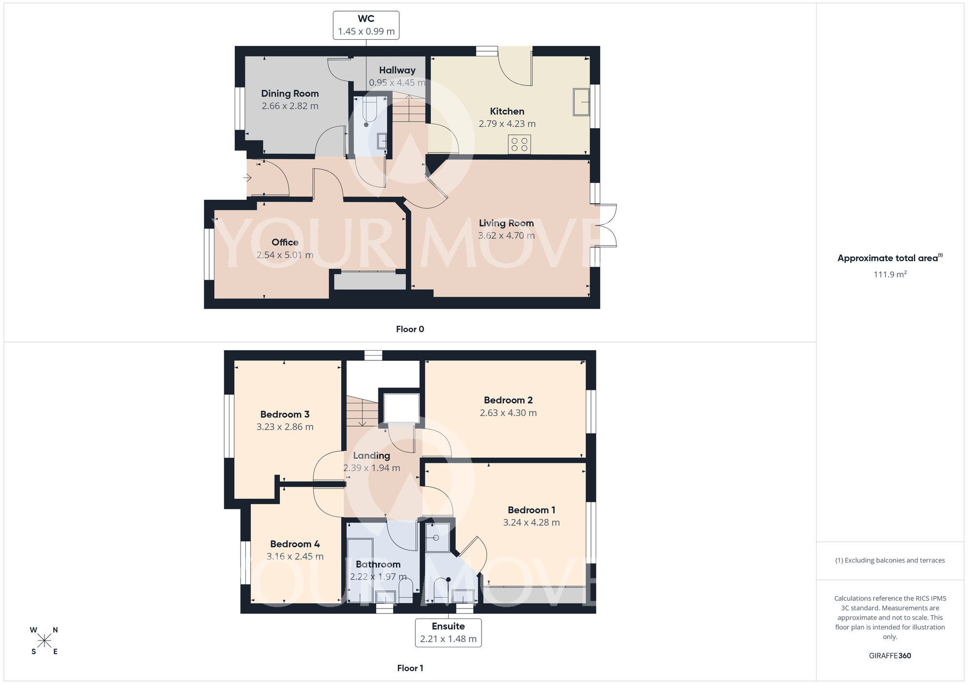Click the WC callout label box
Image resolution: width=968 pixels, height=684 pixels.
(x=366, y=25)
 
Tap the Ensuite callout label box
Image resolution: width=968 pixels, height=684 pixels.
(x=448, y=632)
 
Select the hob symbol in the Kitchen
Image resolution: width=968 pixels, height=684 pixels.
(x=519, y=144)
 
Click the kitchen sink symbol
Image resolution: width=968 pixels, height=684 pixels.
(x=581, y=102)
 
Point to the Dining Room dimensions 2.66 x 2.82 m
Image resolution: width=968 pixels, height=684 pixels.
(x=290, y=106)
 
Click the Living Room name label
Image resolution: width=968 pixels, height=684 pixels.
(x=506, y=223)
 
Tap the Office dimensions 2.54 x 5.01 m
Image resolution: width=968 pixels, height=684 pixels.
(x=285, y=255)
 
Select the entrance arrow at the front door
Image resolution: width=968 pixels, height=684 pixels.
(x=247, y=178)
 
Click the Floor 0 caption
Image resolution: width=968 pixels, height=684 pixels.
(x=410, y=329)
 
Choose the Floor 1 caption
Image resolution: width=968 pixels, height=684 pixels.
(x=410, y=668)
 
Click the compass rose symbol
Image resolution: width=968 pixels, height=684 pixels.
(x=44, y=641)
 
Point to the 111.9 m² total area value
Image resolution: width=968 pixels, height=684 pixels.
(x=890, y=274)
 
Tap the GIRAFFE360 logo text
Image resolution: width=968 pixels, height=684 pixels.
(x=890, y=656)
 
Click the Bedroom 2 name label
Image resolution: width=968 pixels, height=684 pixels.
(x=508, y=400)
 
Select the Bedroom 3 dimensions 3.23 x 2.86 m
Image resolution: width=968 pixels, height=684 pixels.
(x=285, y=427)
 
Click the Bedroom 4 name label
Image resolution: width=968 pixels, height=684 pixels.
(x=295, y=544)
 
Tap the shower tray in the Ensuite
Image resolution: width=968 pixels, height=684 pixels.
(x=437, y=537)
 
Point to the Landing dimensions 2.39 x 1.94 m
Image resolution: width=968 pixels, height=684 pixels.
(x=371, y=468)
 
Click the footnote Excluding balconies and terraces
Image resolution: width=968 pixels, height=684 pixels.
(x=890, y=561)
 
